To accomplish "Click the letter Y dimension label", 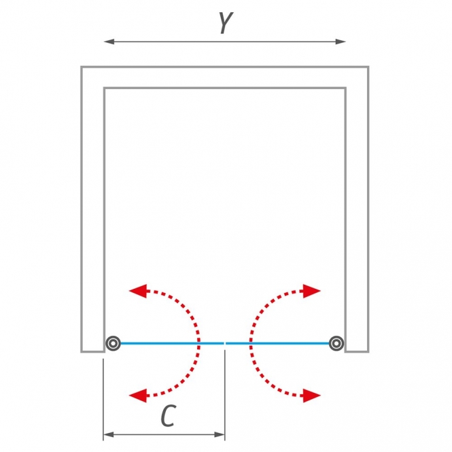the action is click(x=226, y=23).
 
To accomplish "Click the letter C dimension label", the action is click(x=169, y=416).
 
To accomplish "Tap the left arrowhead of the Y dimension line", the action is click(x=109, y=41).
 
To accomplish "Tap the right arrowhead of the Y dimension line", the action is click(x=341, y=41).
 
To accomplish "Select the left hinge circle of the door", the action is click(x=113, y=343).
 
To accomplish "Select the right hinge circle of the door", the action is click(x=336, y=343).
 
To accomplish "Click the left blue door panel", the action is click(x=172, y=343).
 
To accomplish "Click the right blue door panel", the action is click(x=277, y=343).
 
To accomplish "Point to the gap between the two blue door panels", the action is click(x=225, y=343).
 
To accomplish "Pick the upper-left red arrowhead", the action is click(x=139, y=291).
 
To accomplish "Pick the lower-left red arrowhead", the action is click(x=139, y=396).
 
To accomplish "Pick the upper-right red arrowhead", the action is click(x=311, y=291).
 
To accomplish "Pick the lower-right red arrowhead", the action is click(x=311, y=396).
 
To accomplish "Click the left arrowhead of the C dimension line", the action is click(x=108, y=434).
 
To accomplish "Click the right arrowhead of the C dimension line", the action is click(x=220, y=434).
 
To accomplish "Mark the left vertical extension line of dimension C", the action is click(x=103, y=400).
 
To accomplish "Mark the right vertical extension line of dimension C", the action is click(x=224, y=395).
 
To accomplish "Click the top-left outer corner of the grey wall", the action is click(x=81, y=67).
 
